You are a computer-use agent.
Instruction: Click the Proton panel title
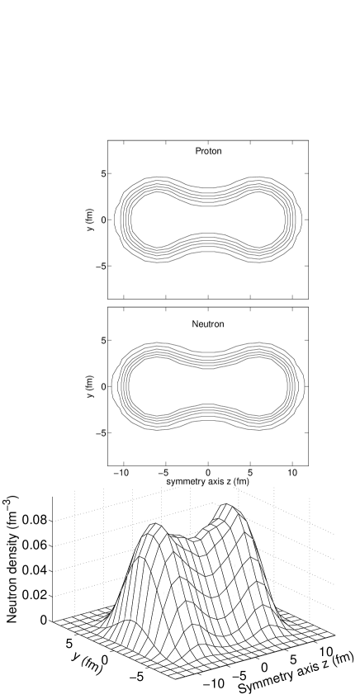208,151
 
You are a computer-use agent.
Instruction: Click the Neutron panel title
208,324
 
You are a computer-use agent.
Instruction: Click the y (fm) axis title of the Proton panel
92,220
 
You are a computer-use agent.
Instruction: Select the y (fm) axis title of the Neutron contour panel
92,386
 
